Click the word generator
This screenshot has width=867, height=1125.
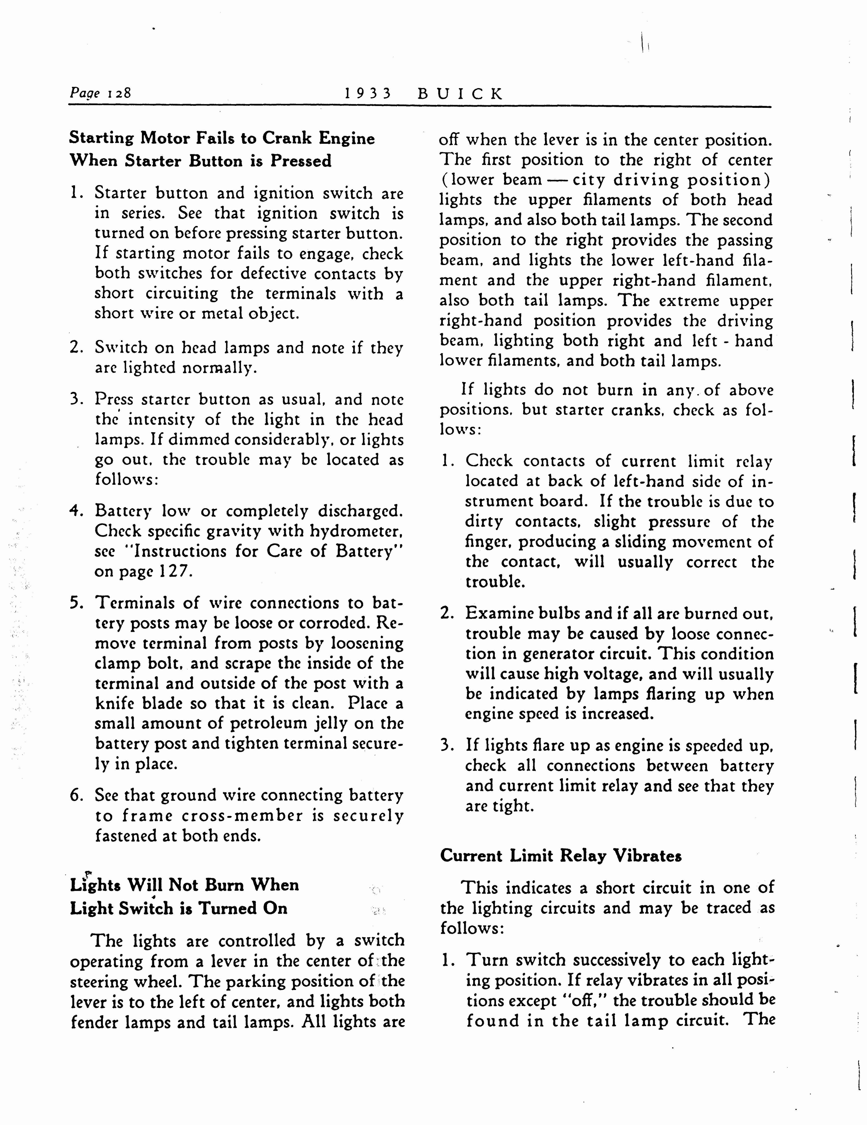tap(559, 654)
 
